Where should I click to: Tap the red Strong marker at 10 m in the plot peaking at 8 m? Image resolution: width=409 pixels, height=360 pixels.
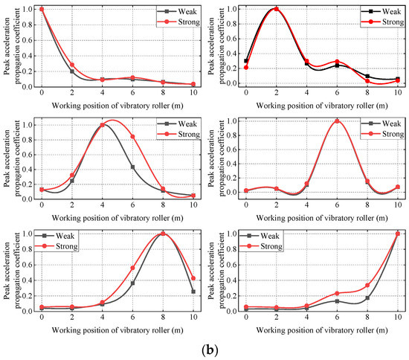coord(193,278)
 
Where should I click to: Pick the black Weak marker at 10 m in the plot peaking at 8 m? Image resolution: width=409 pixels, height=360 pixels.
coord(193,292)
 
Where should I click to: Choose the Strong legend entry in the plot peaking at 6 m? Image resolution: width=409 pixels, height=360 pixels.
coord(379,135)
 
